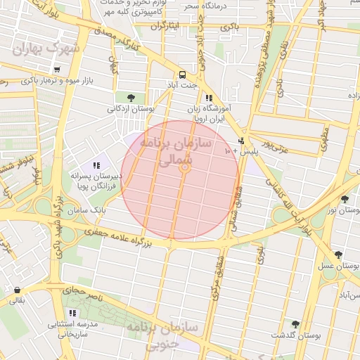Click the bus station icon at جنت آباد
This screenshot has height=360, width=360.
(182, 74)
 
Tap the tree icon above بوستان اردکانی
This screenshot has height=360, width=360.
(131, 98)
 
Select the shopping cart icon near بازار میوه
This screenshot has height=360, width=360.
(57, 70)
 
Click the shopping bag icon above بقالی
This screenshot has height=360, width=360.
(16, 290)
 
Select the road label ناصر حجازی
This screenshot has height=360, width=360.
(83, 291)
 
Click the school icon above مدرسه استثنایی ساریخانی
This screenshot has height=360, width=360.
(72, 313)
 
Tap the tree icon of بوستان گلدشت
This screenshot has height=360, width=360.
(295, 324)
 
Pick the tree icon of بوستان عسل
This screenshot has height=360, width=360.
(338, 255)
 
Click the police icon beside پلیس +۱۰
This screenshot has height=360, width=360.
(242, 141)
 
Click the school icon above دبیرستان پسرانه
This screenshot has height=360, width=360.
(96, 165)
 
